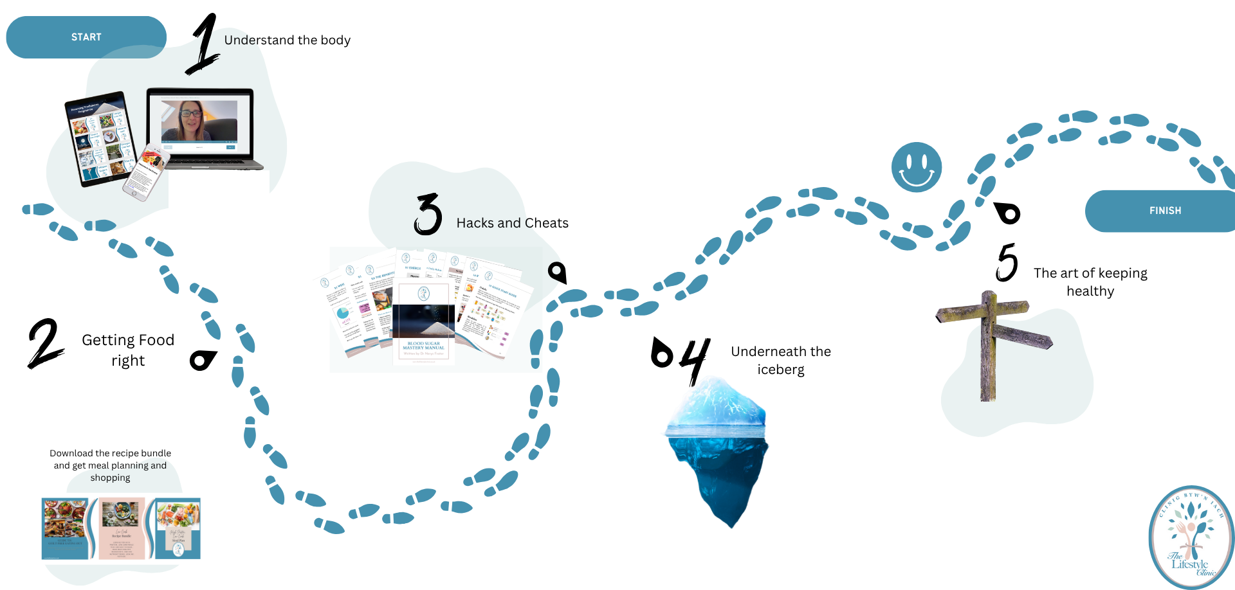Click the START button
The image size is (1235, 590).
pos(86,37)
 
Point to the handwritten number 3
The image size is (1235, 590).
pos(428,215)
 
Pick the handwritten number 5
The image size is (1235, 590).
pos(1007,262)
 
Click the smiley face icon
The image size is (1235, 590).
pos(917,167)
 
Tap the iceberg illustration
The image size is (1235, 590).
pos(717,450)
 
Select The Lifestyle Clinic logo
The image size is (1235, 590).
pos(1191,537)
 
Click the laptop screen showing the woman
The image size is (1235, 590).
pos(199,121)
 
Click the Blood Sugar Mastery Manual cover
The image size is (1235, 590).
pos(423,321)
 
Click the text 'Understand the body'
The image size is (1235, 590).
pos(287,40)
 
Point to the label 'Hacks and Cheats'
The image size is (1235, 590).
pos(512,223)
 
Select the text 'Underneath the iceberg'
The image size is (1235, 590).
pos(781,360)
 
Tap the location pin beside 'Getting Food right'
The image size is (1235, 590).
pos(203,360)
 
